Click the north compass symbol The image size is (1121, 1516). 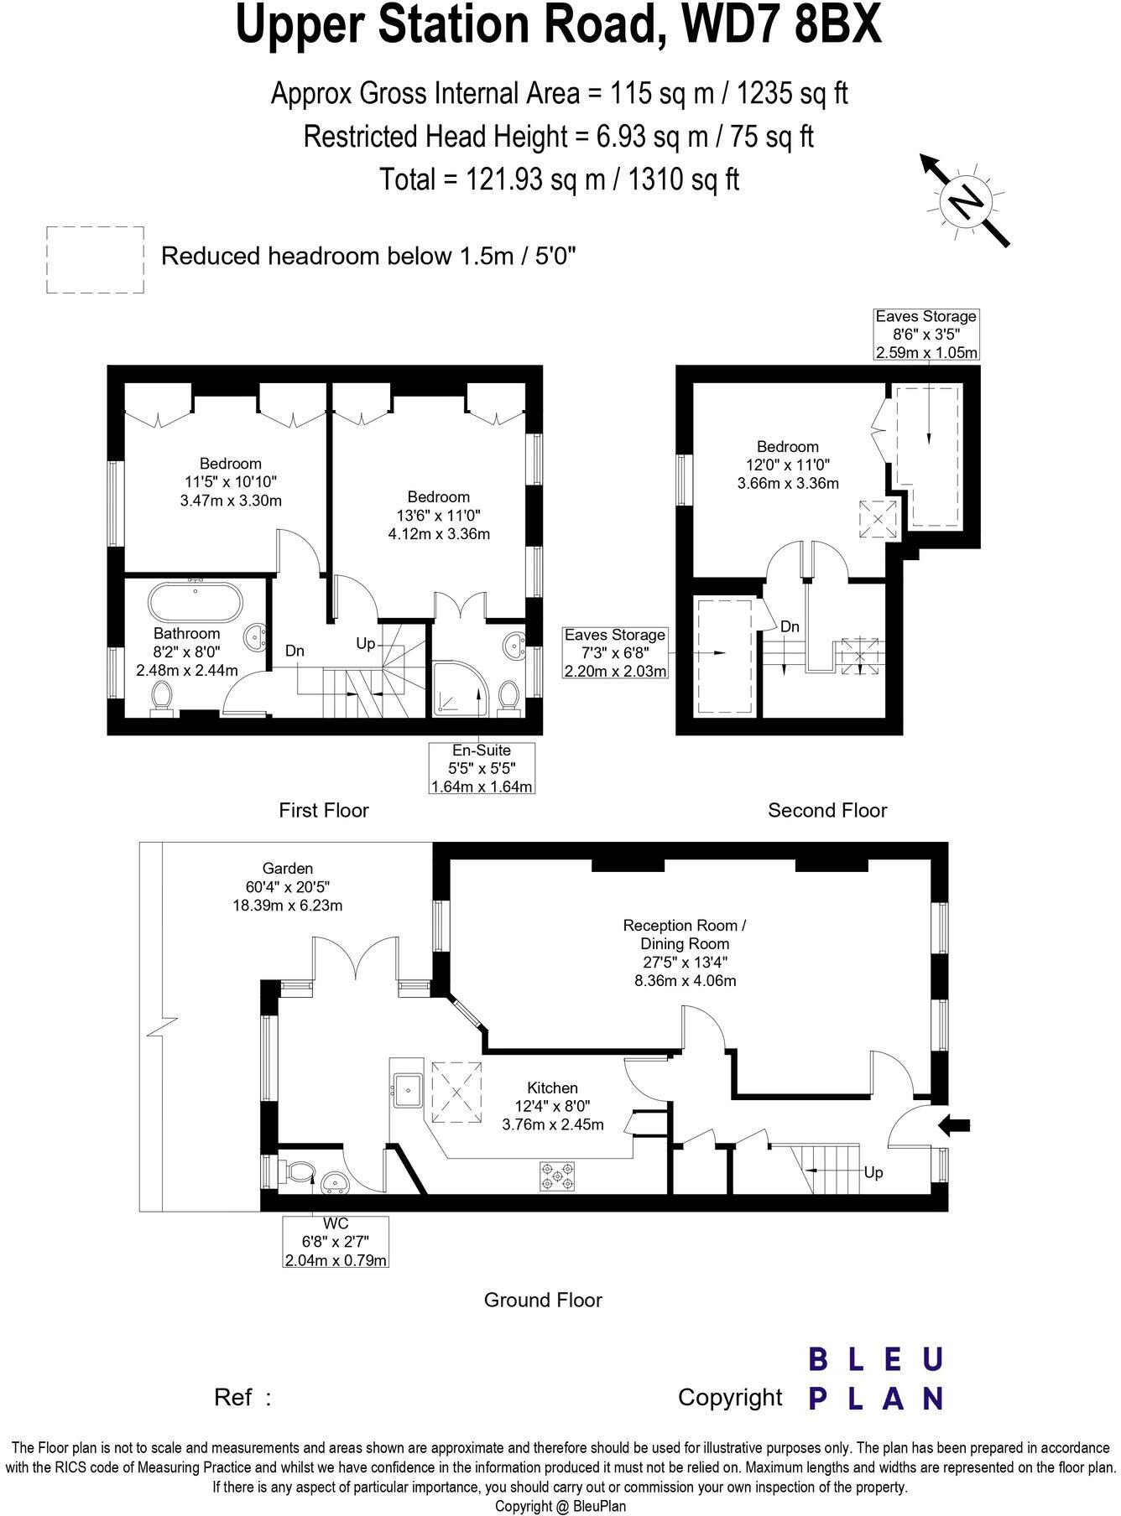click(x=965, y=200)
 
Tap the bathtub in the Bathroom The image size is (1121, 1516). click(x=196, y=601)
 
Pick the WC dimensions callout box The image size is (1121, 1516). click(x=336, y=1241)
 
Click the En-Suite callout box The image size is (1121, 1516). click(x=481, y=767)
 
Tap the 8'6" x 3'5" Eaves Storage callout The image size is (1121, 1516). click(x=925, y=335)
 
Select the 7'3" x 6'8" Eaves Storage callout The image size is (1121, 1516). click(x=615, y=653)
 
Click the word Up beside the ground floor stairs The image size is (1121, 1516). click(x=873, y=1172)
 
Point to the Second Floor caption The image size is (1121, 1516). click(x=827, y=810)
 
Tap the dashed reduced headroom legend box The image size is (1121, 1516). click(x=95, y=260)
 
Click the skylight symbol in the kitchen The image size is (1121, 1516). click(x=456, y=1093)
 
